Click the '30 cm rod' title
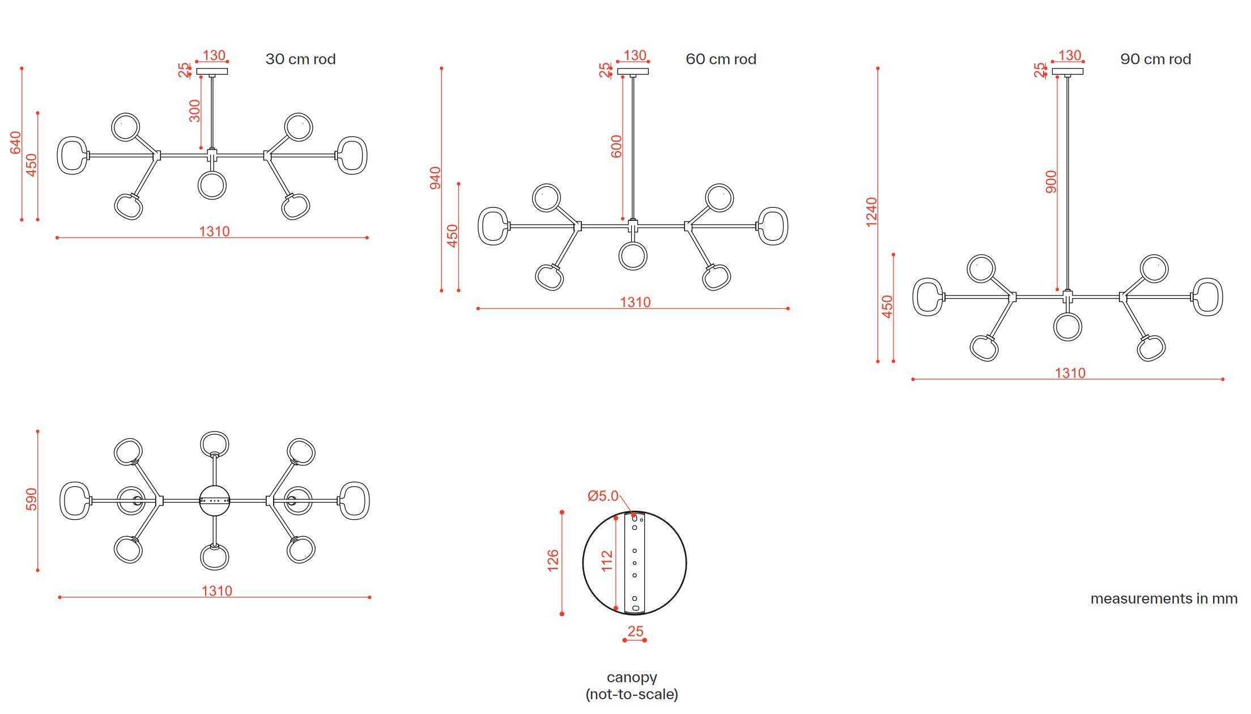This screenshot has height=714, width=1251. click(x=300, y=59)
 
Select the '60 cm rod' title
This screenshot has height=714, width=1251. click(x=721, y=59)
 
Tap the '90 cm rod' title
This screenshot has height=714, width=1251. click(x=1155, y=59)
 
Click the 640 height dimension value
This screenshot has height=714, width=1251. click(x=15, y=142)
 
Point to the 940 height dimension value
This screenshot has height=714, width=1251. click(x=435, y=178)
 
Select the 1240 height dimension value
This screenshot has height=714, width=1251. click(x=871, y=212)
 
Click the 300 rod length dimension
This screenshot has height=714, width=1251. click(x=194, y=110)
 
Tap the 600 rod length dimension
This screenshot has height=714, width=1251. click(x=616, y=146)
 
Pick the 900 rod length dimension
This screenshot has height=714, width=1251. click(x=1051, y=182)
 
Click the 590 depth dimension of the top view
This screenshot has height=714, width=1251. click(x=31, y=499)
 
